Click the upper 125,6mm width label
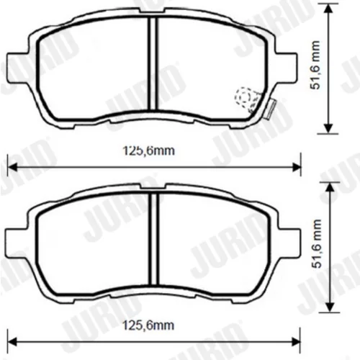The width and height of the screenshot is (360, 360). coord(149,151)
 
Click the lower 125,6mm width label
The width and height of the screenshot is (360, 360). coord(148,325)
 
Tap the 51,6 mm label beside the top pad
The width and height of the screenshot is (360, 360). coord(315,66)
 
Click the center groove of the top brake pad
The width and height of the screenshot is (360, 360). coord(153,63)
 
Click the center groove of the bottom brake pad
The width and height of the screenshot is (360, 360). coord(154,238)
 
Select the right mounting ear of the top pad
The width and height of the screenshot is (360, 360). coord(286,67)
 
